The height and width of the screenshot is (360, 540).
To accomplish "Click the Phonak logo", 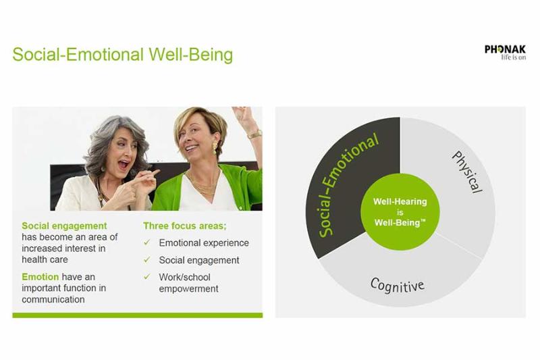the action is coord(505,53).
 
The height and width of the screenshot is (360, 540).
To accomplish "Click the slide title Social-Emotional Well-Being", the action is coord(123,55).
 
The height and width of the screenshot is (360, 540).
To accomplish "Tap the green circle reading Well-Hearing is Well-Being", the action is coord(400,212).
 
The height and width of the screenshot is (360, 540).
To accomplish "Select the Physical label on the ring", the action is coord(468,172).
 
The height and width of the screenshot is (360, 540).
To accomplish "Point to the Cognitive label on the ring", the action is coord(398,285).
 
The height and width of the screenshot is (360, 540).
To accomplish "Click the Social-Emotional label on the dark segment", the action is coord(348,186).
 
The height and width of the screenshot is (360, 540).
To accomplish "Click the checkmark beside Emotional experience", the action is coord(147,242).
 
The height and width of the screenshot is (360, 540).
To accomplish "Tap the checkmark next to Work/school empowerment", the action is coord(147,277).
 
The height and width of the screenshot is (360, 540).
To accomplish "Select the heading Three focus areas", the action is coord(185,226).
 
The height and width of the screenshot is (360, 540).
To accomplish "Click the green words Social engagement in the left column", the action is coord(64,226).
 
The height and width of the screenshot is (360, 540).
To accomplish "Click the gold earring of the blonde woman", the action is coord(215,147).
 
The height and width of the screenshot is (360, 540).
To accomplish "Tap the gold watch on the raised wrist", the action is coord(255,134).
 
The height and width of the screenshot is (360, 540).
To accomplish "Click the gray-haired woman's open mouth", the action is coord(124,164).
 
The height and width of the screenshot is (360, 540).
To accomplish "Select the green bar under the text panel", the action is coord(138,315).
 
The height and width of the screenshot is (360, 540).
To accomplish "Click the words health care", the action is coord(45,259).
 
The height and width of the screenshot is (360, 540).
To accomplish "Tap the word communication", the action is coord(53,299).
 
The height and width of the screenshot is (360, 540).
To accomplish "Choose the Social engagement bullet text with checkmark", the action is coord(192,260).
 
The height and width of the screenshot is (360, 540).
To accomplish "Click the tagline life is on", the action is coord(514,57).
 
